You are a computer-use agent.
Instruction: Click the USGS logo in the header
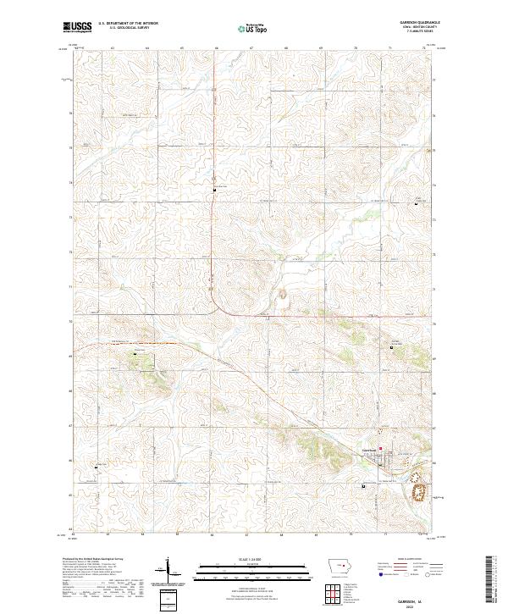[77, 28]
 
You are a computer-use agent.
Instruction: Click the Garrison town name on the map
[369, 449]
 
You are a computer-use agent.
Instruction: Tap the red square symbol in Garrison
[381, 449]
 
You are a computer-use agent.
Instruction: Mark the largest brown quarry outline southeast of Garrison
[417, 490]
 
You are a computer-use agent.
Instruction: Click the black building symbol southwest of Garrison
[364, 486]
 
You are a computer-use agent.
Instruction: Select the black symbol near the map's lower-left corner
[97, 466]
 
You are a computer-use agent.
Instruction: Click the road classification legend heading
[410, 560]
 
